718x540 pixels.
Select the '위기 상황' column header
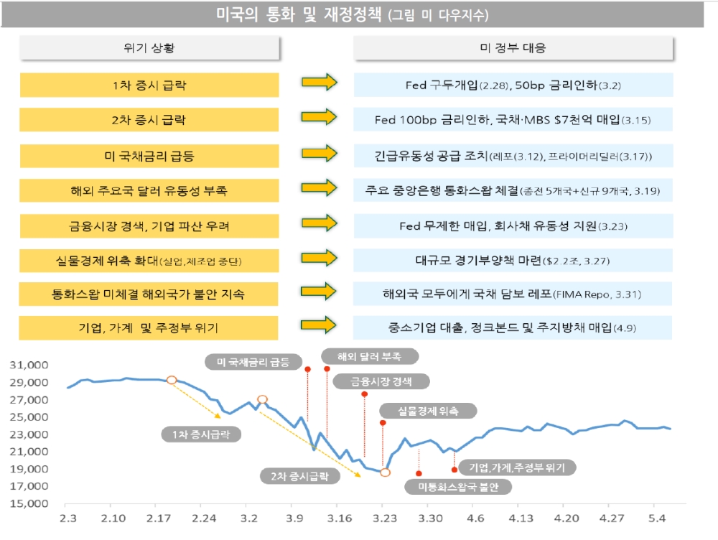coord(149,49)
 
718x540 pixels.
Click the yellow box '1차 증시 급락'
coord(149,85)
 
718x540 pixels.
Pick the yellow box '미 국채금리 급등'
coord(149,155)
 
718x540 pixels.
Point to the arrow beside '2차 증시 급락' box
coord(319,118)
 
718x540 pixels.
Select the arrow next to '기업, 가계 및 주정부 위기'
coord(319,327)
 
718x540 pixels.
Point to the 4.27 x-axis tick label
coord(612,516)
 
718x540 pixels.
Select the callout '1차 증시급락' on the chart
coord(201,434)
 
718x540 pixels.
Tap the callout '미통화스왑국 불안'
coord(457,487)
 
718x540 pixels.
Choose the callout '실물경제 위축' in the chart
coord(427,411)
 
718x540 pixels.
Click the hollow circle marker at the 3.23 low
coord(385,472)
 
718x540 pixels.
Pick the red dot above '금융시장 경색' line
coord(365,394)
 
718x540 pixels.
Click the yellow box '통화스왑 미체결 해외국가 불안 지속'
coord(149,294)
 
